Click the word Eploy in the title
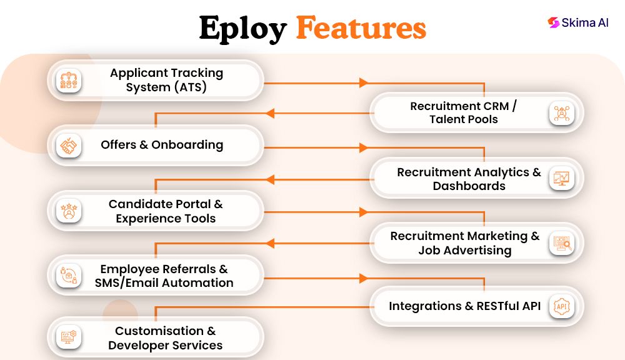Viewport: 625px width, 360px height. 242,28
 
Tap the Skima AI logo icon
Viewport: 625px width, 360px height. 553,22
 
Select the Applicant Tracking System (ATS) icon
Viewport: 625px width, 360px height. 68,81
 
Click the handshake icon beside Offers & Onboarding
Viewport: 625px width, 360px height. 68,146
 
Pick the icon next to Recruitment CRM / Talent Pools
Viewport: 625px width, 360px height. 561,113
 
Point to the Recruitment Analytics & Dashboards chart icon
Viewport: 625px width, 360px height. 561,179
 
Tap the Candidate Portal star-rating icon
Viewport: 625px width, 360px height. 68,211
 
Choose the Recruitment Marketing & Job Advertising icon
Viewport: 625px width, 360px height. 561,243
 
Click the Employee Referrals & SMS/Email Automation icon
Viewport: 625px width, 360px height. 68,276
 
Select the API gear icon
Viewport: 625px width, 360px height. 561,306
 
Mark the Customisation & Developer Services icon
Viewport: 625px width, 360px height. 68,338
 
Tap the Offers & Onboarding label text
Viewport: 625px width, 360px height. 162,145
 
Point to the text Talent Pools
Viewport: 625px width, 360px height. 463,119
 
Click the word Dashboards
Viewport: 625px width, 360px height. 469,186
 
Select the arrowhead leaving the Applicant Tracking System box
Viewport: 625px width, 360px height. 363,82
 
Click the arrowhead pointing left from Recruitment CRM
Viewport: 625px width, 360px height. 270,113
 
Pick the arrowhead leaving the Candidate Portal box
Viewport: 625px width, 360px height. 363,212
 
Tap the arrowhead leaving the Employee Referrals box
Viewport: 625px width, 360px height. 363,277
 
